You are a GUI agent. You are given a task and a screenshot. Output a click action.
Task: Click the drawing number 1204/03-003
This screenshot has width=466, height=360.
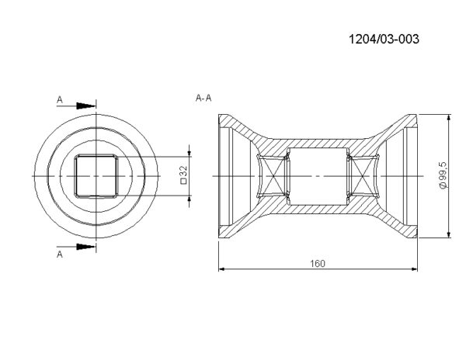(384, 39)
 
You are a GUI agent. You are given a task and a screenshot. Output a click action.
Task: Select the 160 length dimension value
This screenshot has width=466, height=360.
(318, 264)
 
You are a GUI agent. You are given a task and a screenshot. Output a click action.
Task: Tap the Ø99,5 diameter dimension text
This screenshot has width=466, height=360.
(443, 176)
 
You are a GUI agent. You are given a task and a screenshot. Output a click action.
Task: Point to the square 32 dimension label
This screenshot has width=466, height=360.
(183, 175)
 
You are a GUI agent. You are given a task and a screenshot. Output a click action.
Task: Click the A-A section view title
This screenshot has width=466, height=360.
(203, 98)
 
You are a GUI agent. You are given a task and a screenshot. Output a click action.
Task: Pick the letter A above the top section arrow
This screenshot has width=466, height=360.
(60, 100)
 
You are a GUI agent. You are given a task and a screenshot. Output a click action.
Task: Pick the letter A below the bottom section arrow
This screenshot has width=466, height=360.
(60, 254)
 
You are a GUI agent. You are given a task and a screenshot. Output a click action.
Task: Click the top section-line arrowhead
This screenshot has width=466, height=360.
(86, 106)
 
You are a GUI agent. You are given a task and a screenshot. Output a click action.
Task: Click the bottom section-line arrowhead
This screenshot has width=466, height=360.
(86, 247)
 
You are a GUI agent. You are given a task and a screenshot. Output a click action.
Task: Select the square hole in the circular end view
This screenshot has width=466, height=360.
(96, 176)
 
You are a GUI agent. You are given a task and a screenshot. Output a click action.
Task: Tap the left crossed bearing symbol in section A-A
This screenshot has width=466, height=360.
(273, 176)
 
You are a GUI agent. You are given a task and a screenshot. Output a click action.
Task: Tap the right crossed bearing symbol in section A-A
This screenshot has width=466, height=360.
(363, 176)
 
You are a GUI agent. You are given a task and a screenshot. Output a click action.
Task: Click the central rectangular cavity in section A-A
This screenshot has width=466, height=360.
(318, 176)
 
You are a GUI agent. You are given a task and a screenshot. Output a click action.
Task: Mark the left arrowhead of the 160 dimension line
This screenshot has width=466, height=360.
(221, 269)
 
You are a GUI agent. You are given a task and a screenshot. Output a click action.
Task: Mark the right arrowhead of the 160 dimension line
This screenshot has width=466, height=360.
(414, 269)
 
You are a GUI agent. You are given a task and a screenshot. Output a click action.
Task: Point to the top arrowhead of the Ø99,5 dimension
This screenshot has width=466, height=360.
(449, 117)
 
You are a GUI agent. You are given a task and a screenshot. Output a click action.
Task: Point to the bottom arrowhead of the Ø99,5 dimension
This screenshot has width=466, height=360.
(449, 234)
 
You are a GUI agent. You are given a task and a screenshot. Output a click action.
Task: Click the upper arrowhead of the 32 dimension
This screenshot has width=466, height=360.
(190, 153)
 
